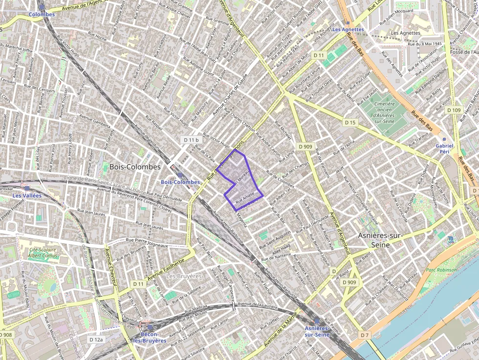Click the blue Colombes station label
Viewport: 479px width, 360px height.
[x=42, y=15]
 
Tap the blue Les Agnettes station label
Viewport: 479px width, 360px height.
[x=348, y=29]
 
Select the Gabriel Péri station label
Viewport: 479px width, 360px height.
[x=444, y=148]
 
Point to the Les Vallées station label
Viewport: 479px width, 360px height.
[x=27, y=195]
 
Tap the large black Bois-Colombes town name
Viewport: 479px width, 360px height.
[x=135, y=167]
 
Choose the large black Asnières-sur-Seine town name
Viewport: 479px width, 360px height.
[x=380, y=240]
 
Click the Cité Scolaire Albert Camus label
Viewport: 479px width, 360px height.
[x=43, y=253]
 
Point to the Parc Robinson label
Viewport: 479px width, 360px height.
[x=441, y=270]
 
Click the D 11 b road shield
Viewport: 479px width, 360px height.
[x=191, y=140]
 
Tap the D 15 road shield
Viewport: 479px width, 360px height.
[x=349, y=123]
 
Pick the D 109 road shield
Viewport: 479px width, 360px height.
[x=454, y=110]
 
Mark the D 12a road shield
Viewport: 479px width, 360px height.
[x=97, y=339]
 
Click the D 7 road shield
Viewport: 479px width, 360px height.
[x=364, y=335]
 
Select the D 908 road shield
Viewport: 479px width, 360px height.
[x=5, y=335]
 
